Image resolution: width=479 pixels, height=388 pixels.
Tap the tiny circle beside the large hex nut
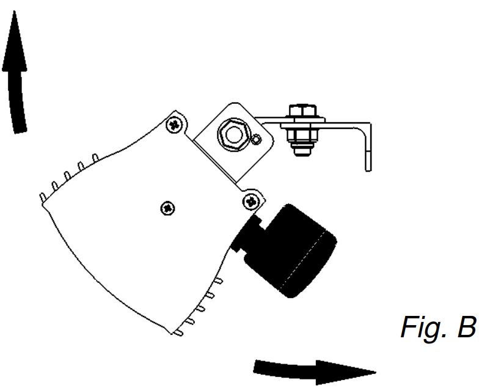(258, 138)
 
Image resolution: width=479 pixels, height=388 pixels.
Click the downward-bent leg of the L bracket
(367, 147)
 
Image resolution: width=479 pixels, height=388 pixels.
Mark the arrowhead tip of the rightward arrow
(375, 370)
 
